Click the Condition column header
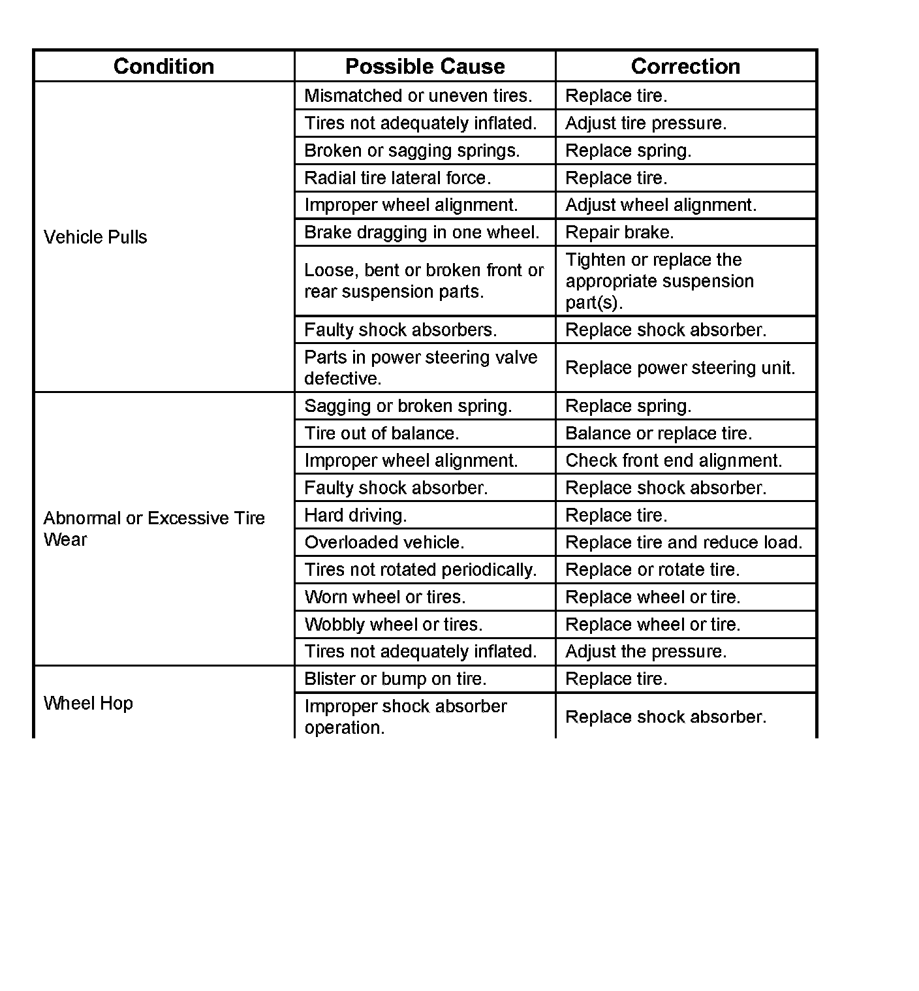pos(164,67)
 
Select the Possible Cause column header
pos(425,67)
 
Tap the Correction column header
pos(685,67)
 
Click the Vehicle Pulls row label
pos(95,237)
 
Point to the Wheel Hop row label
pos(88,703)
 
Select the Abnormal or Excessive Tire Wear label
pos(154,529)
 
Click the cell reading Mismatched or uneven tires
pos(418,96)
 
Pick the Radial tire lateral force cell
pos(397,178)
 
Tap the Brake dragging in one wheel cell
pos(422,232)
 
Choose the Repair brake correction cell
pos(619,232)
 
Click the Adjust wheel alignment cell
pos(661,205)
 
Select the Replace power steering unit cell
pos(680,368)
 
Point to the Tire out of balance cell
pos(382,433)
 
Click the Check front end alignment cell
pos(674,461)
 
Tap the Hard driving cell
pos(356,515)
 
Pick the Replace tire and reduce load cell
pos(683,543)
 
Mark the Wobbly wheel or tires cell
pos(394,625)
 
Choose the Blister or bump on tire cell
pos(396,679)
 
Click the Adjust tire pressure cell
pos(646,123)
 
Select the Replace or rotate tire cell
pos(653,570)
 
